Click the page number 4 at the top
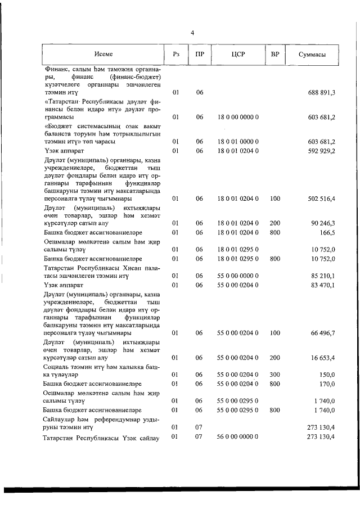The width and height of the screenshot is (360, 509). [192, 33]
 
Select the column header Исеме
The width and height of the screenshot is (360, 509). [103, 55]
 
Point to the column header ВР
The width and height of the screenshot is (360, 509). [275, 55]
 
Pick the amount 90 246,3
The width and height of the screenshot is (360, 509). [323, 223]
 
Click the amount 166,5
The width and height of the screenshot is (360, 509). [327, 232]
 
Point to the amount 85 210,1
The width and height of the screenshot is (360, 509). [323, 276]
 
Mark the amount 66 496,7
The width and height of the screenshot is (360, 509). [323, 333]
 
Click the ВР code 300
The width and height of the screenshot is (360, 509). [275, 373]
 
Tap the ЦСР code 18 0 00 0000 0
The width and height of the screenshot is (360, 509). [237, 117]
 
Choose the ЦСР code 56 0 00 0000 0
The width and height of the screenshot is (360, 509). [237, 436]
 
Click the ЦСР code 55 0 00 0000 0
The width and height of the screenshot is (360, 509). [237, 276]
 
